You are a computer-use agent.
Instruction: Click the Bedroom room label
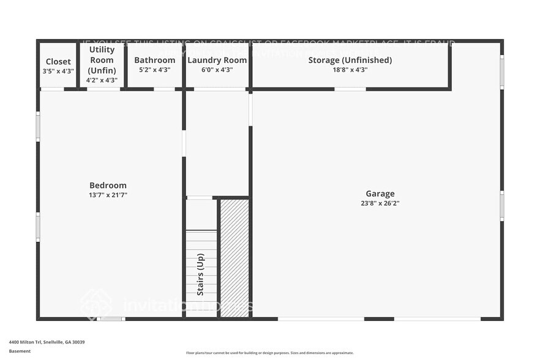pyautogui.click(x=108, y=186)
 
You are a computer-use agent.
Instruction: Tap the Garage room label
pyautogui.click(x=380, y=193)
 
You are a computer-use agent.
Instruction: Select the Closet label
pyautogui.click(x=58, y=62)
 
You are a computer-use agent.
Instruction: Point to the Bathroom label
pyautogui.click(x=155, y=60)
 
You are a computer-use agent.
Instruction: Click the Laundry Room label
pyautogui.click(x=217, y=60)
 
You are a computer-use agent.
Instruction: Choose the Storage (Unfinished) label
pyautogui.click(x=350, y=60)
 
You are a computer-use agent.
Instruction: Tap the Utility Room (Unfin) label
pyautogui.click(x=102, y=60)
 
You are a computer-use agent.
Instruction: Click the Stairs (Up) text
pyautogui.click(x=200, y=274)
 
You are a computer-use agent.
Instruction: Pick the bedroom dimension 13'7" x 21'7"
pyautogui.click(x=108, y=195)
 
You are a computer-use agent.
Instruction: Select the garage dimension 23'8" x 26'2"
pyautogui.click(x=380, y=203)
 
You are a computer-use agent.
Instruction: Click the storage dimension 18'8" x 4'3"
pyautogui.click(x=350, y=70)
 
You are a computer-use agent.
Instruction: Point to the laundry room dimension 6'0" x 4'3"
pyautogui.click(x=217, y=70)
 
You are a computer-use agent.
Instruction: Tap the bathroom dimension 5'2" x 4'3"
pyautogui.click(x=155, y=70)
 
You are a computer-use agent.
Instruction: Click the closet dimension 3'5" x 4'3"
pyautogui.click(x=58, y=72)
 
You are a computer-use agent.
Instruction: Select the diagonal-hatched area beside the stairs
pyautogui.click(x=234, y=257)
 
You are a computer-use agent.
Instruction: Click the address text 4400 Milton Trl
pyautogui.click(x=47, y=342)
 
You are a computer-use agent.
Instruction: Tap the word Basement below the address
pyautogui.click(x=20, y=351)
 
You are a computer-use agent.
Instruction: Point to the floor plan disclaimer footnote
pyautogui.click(x=269, y=353)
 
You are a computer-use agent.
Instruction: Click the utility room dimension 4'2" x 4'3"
pyautogui.click(x=102, y=80)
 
